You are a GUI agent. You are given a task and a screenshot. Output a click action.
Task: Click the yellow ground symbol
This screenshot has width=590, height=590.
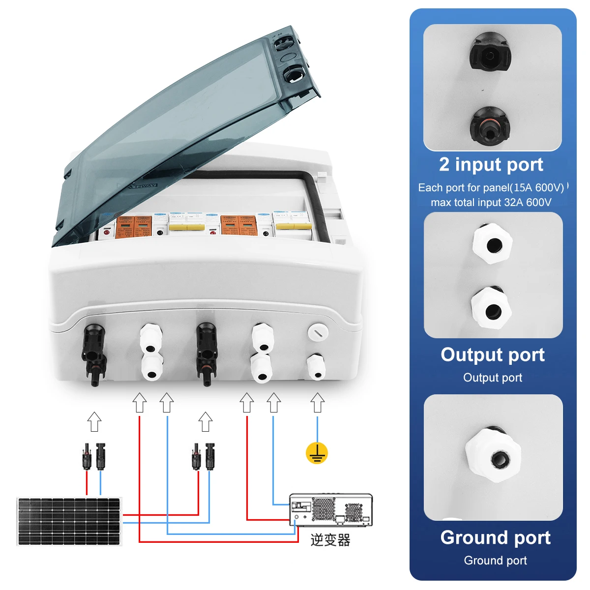tap(317, 453)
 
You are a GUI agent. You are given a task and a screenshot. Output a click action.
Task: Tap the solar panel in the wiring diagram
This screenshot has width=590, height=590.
tap(69, 521)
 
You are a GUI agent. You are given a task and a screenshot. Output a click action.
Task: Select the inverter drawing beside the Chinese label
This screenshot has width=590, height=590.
tap(330, 510)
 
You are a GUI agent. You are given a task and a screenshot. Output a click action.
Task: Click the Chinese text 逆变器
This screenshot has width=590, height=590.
tap(330, 540)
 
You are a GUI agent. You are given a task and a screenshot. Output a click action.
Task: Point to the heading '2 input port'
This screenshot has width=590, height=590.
tap(491, 164)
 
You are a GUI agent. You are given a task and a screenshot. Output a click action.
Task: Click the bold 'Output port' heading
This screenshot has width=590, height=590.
tap(493, 354)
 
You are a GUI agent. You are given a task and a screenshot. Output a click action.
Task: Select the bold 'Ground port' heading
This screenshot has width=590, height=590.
tap(495, 537)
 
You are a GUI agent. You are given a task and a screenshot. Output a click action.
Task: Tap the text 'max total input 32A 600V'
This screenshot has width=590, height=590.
tap(491, 202)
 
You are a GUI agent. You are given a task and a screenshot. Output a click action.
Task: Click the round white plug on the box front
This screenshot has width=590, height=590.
tap(317, 332)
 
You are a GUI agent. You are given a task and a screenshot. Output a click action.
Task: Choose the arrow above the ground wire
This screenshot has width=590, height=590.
tap(318, 403)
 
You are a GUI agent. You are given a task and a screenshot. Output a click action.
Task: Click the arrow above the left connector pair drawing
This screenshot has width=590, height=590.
tap(94, 422)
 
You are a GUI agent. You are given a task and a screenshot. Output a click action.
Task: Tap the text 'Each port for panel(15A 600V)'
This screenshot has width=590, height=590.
tap(491, 187)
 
